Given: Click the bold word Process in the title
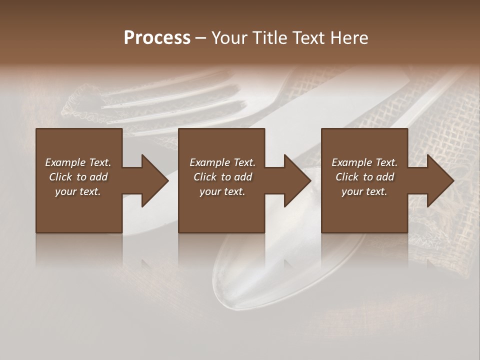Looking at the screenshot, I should [157, 38].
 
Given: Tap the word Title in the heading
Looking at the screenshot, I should [270, 38].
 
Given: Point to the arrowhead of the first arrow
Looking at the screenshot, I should [155, 180].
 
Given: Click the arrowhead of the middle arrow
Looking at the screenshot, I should [297, 180].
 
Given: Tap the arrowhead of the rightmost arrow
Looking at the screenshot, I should [440, 180].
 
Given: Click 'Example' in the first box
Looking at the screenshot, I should [65, 162].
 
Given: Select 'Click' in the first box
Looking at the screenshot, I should [60, 177].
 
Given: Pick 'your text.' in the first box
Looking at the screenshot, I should [78, 191].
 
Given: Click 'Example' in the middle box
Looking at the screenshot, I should [209, 162].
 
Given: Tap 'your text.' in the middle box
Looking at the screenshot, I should [222, 191].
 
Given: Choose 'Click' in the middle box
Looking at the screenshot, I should [205, 177].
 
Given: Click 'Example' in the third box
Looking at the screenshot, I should [351, 162].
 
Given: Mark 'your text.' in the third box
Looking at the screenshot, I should [364, 191].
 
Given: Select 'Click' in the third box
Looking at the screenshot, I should [347, 177].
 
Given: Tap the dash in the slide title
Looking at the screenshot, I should [201, 38].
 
